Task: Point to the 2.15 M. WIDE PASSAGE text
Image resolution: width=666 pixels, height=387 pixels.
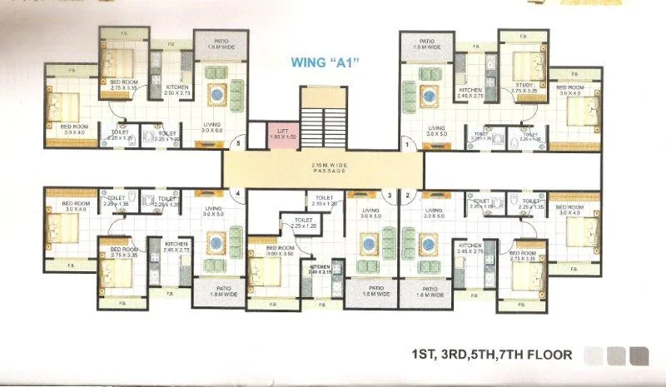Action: tap(329, 167)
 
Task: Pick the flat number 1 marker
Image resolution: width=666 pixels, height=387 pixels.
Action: tap(407, 144)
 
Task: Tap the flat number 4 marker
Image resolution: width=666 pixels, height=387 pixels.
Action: tap(238, 194)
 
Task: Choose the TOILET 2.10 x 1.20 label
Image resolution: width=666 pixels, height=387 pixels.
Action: tap(325, 201)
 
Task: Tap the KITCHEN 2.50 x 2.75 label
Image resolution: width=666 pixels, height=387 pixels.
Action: tap(178, 91)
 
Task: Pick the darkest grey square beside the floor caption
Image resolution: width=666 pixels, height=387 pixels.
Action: tap(639, 355)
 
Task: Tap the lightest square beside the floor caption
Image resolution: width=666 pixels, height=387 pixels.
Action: tap(594, 355)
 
